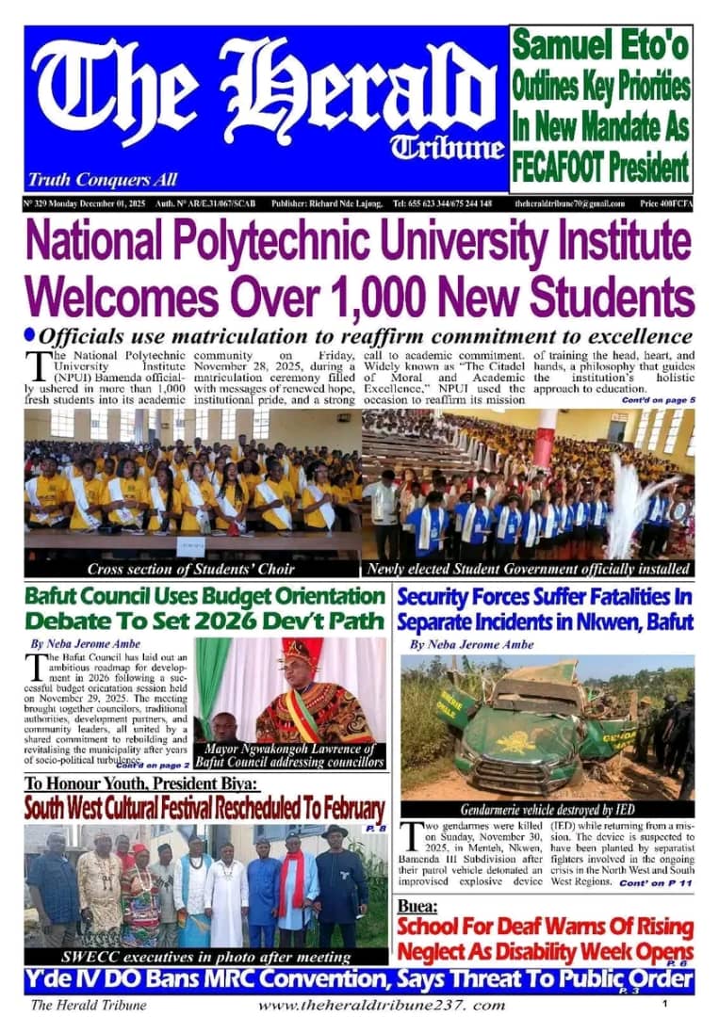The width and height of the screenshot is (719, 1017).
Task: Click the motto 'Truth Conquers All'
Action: tap(103, 179)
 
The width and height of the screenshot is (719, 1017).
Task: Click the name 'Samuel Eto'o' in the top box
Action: tap(601, 46)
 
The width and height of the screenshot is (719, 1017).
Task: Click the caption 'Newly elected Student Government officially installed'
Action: tap(529, 570)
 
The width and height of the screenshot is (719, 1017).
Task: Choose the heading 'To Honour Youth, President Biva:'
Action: tap(141, 783)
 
